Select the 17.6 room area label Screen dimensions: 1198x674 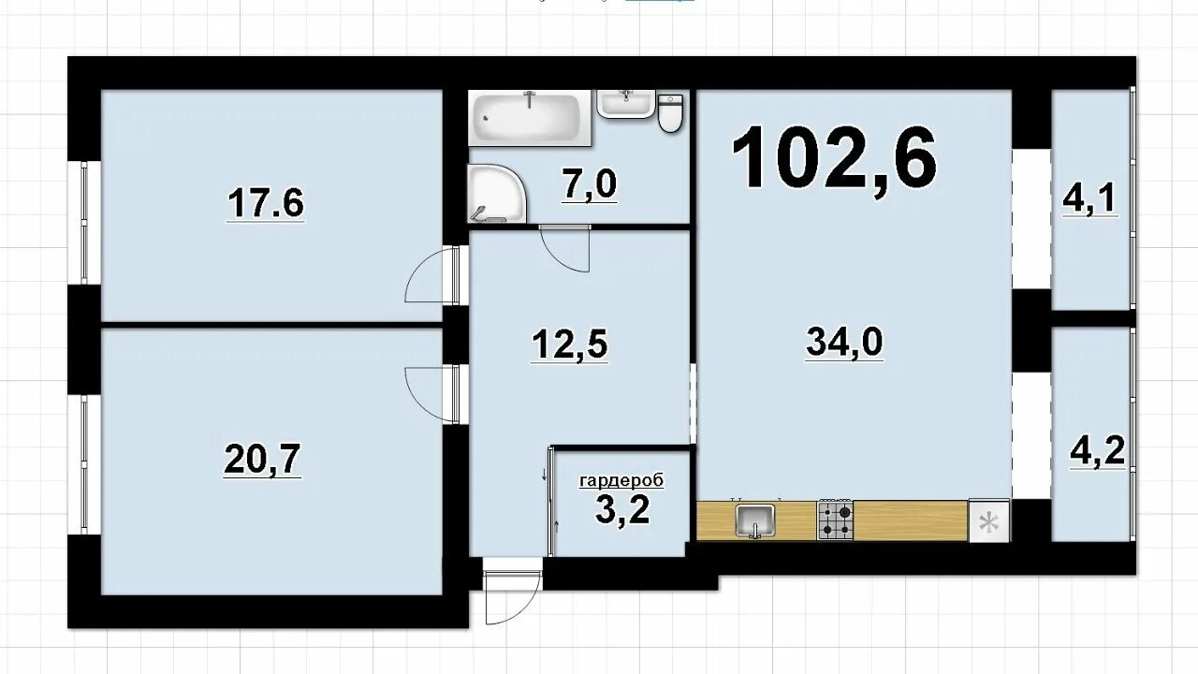click(266, 203)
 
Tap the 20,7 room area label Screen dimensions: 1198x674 click(262, 460)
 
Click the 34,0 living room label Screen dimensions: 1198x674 click(844, 342)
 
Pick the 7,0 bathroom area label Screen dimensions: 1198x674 click(590, 184)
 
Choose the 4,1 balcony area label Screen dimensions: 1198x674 click(1088, 198)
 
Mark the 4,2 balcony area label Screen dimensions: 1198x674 click(1097, 451)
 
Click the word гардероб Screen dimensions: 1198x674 click(621, 480)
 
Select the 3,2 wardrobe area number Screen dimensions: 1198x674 click(622, 511)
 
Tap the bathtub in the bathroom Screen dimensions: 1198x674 click(530, 118)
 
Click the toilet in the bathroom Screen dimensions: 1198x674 click(670, 113)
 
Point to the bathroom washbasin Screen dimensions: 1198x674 click(626, 103)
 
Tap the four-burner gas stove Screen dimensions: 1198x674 click(835, 520)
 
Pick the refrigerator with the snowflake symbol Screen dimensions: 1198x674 click(989, 521)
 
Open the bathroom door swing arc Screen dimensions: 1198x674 click(564, 248)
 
